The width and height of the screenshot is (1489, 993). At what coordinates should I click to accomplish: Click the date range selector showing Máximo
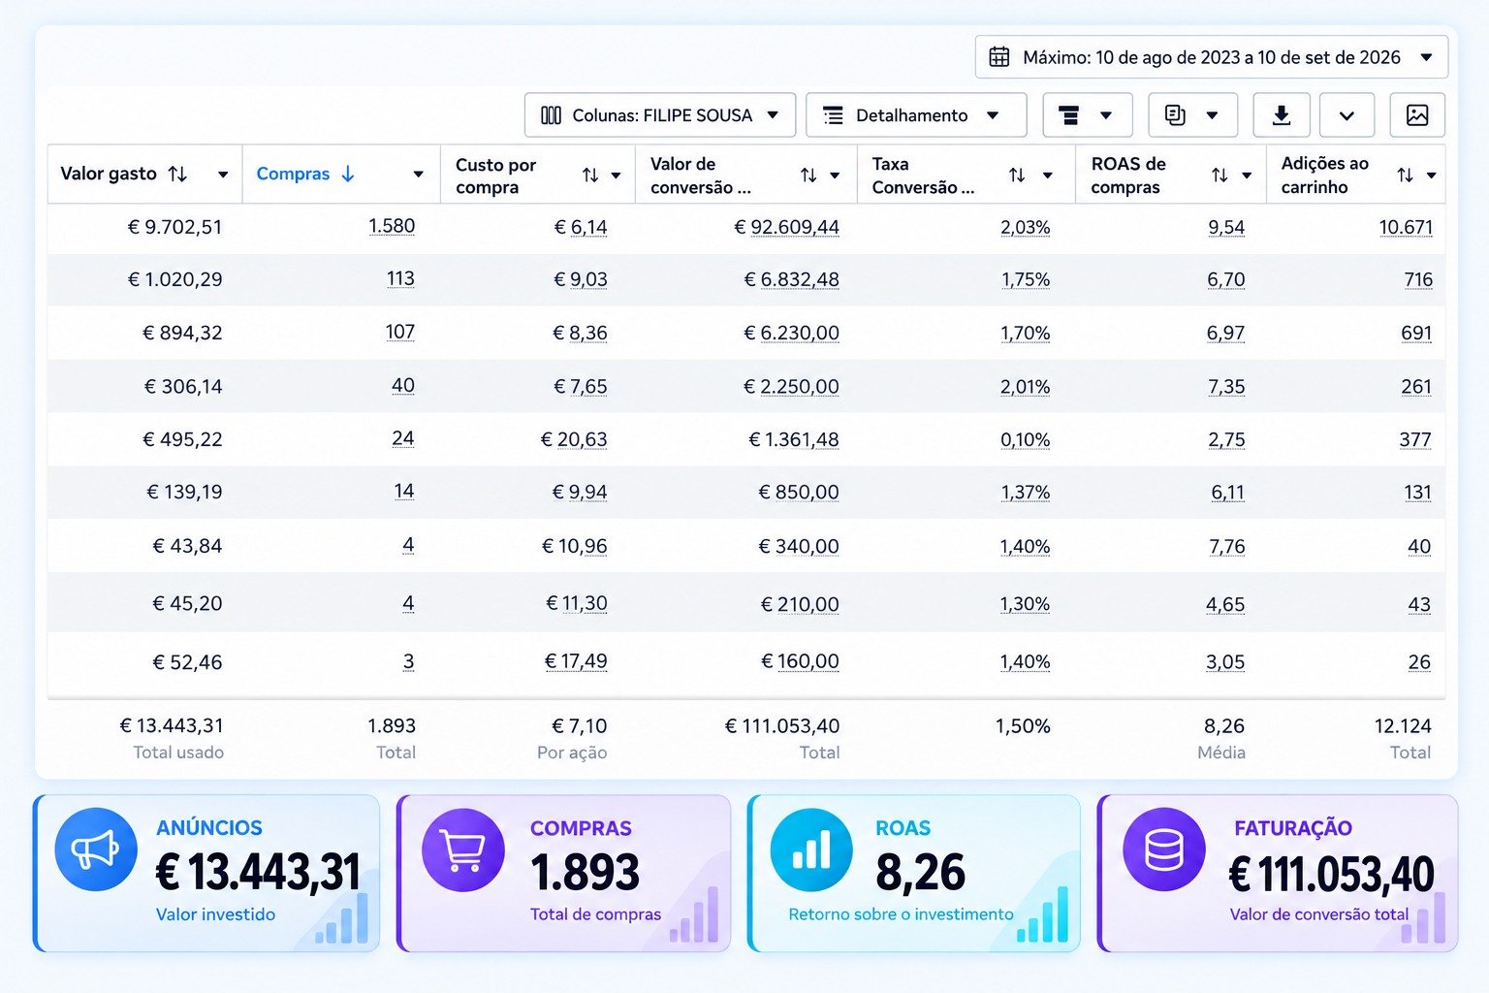[1211, 57]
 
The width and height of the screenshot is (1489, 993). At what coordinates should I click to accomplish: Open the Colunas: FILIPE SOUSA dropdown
[660, 115]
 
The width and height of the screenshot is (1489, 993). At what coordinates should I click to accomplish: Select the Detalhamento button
[916, 115]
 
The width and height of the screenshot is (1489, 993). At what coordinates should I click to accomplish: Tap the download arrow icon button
[1282, 115]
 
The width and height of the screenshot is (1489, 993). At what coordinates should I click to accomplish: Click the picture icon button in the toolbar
[1417, 115]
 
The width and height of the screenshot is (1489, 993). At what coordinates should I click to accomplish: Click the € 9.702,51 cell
[174, 228]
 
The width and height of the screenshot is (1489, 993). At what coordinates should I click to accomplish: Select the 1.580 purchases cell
[392, 226]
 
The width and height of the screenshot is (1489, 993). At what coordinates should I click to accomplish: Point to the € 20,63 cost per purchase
[574, 439]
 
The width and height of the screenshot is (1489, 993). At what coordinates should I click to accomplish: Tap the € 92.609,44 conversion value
[786, 228]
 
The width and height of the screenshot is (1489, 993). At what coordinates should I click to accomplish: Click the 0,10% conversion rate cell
[1025, 439]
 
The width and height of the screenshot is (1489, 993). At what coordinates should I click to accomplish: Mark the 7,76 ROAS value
[1226, 547]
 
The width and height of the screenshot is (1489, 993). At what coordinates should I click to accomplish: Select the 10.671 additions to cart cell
[1406, 228]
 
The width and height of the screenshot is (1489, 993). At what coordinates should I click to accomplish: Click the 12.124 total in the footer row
[1403, 725]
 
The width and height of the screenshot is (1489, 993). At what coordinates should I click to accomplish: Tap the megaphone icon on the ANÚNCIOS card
[96, 849]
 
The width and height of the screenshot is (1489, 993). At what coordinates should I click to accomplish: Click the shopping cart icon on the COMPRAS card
[463, 849]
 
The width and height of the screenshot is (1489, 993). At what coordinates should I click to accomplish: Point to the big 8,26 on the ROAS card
[920, 872]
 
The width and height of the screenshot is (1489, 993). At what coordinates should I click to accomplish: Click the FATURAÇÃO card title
[1293, 828]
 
